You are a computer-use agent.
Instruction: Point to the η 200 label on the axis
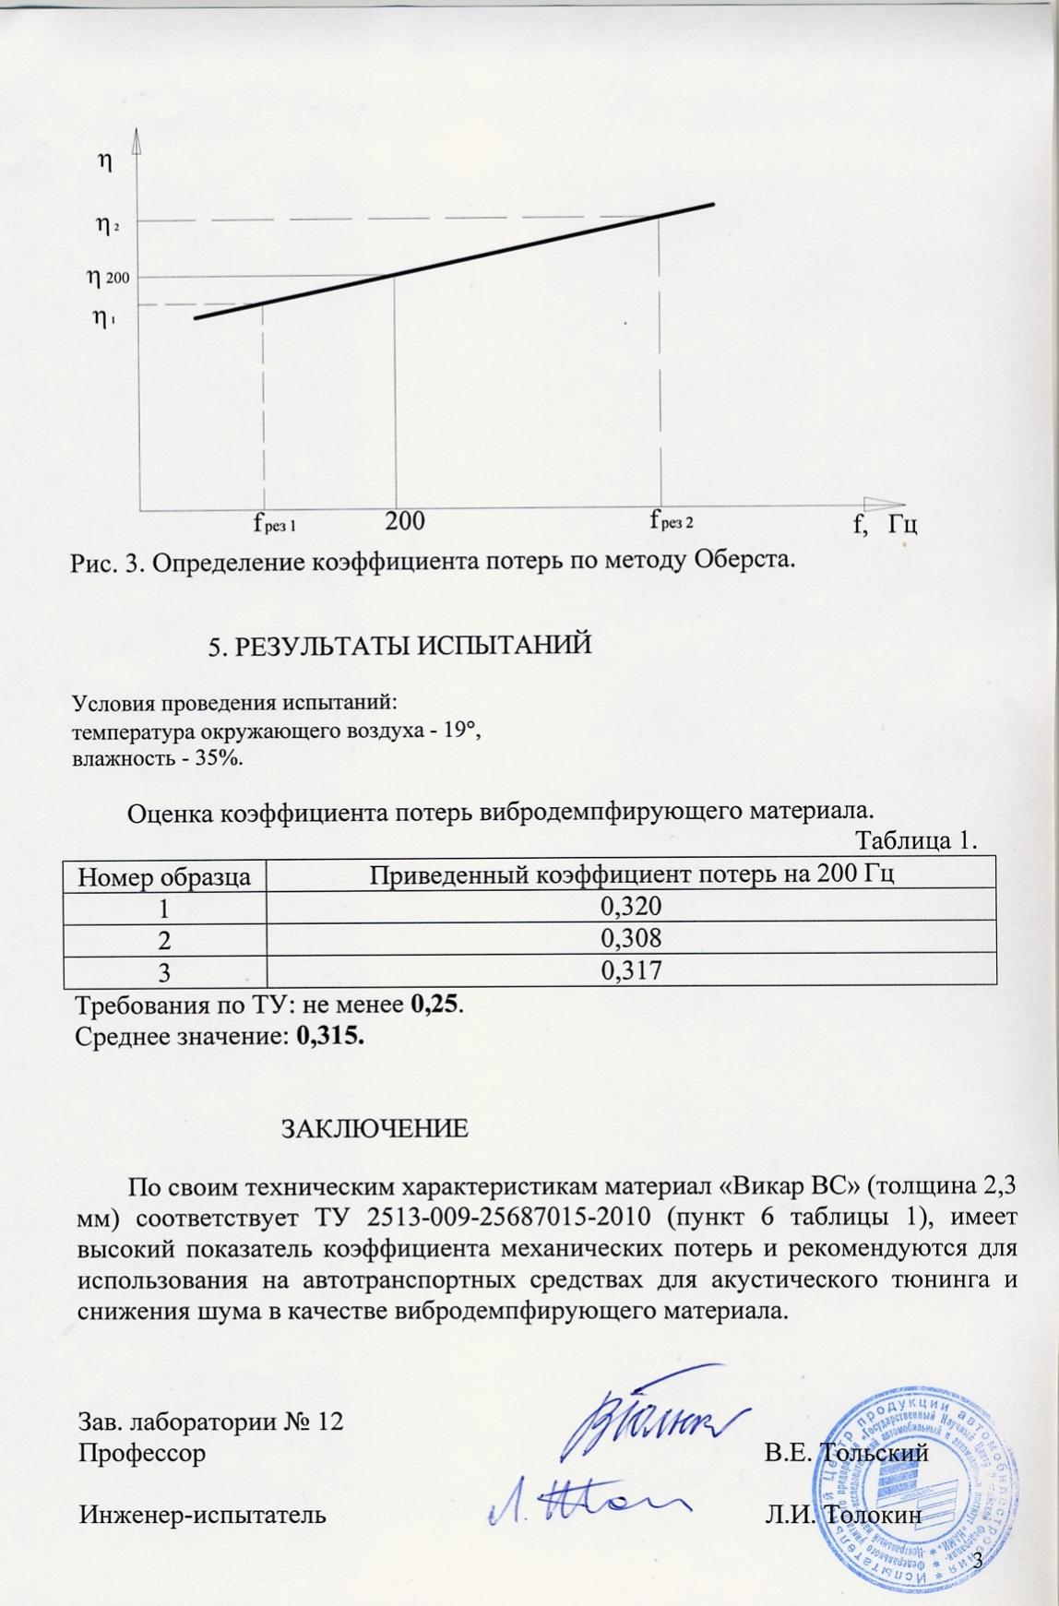pos(108,276)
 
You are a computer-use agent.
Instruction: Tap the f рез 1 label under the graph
pos(274,524)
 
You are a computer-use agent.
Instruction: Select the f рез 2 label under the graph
pos(672,521)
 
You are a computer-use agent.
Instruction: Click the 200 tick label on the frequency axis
pos(404,522)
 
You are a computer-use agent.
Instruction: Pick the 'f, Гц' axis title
pos(886,525)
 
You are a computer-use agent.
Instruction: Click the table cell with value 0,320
pos(631,908)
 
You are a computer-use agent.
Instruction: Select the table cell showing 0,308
pos(631,938)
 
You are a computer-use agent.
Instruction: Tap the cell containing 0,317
pos(631,970)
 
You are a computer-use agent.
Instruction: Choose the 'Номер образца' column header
pos(164,876)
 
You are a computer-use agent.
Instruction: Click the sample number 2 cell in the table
pos(163,939)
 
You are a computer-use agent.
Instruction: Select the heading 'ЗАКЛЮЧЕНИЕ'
pos(375,1129)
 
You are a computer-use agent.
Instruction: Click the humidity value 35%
pos(227,758)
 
